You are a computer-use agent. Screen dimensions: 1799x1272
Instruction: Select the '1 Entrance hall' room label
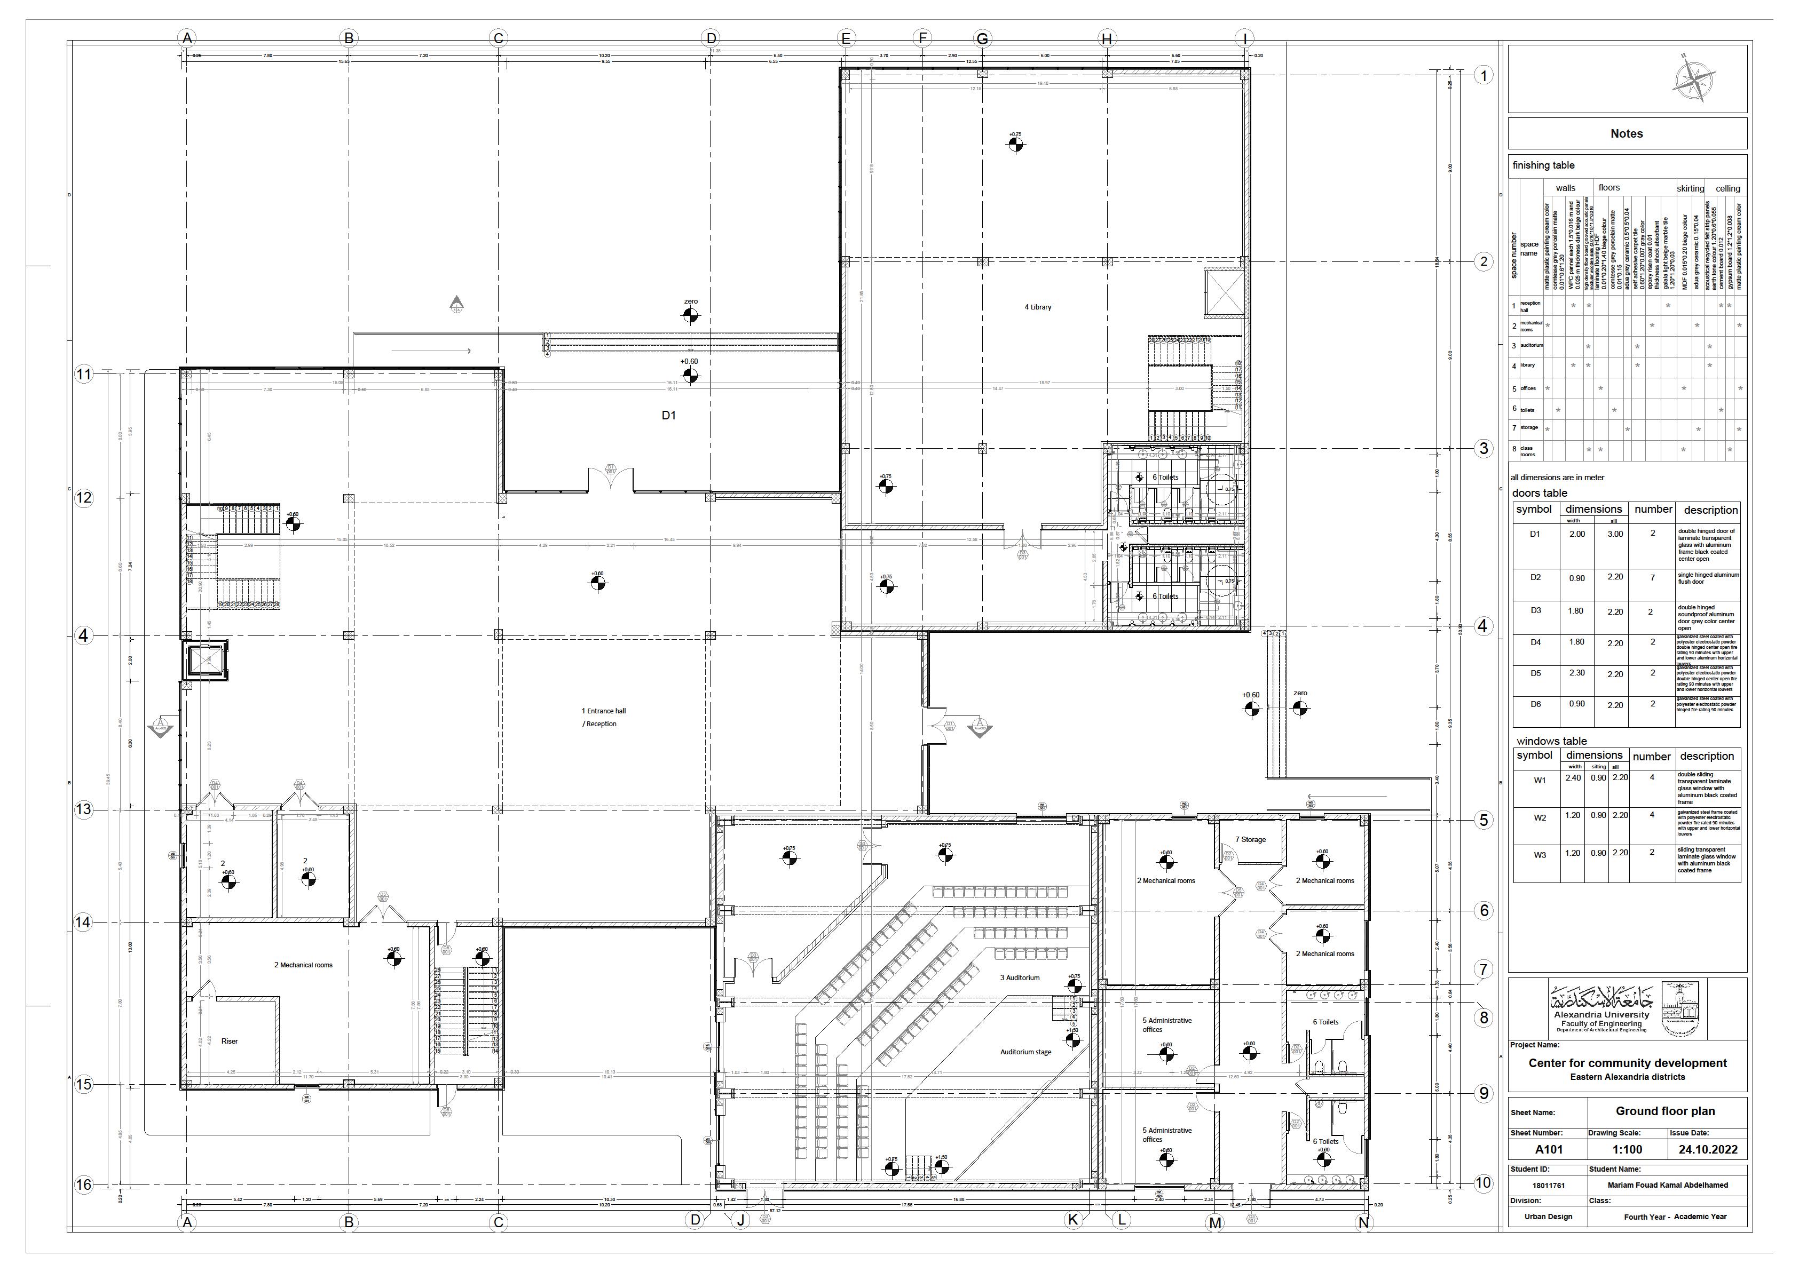603,711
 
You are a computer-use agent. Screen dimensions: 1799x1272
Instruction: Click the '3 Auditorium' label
1020,977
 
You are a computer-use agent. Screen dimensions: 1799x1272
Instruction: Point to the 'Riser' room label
230,1041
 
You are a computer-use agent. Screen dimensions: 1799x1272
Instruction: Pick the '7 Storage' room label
1251,840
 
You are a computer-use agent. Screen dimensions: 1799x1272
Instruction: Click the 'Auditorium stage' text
1025,1052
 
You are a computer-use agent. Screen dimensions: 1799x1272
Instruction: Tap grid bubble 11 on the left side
84,375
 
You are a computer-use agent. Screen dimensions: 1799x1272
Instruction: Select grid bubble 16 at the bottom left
84,1184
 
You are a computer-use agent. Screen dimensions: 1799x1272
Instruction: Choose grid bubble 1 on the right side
1482,76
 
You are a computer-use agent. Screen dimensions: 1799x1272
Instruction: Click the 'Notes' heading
1626,134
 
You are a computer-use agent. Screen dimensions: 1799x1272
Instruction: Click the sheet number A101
1548,1150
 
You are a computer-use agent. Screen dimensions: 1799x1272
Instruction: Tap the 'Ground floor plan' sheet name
1664,1111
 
